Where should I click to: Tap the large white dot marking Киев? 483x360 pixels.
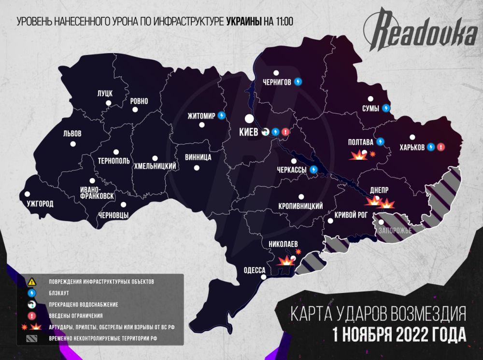point(249,118)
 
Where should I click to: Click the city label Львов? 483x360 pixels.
point(72,134)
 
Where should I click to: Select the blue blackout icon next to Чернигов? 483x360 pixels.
point(298,82)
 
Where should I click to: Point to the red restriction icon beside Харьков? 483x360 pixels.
point(440,147)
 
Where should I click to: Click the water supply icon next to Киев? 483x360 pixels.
point(265,131)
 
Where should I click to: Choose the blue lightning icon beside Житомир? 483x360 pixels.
point(222,115)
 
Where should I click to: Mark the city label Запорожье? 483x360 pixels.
point(395,231)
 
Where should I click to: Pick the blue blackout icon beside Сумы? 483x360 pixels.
point(386,108)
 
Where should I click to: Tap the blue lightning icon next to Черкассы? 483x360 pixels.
point(313,169)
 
